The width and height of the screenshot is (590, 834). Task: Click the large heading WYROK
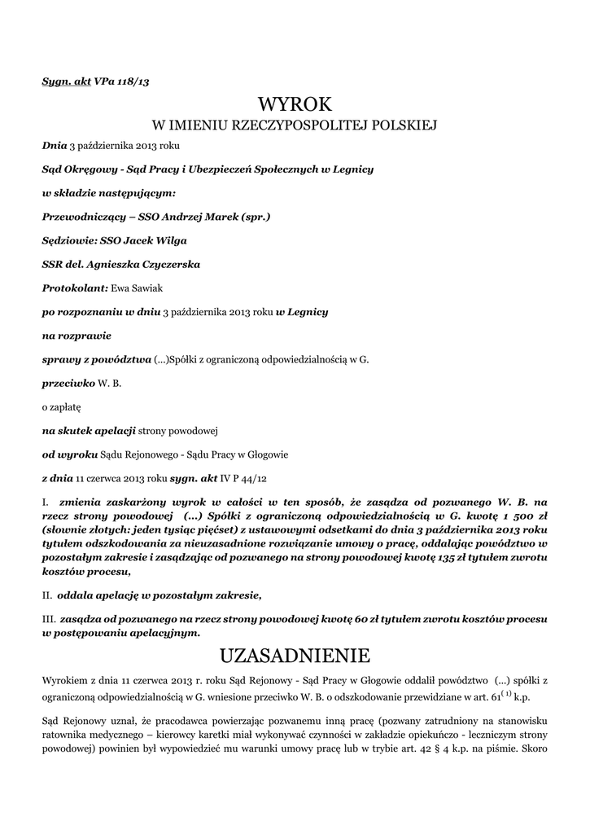tap(295, 103)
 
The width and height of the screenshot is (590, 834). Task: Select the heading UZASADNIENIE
tap(295, 655)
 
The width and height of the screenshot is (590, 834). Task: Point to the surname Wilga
tap(168, 240)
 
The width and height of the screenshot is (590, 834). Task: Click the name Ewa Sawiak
tap(146, 288)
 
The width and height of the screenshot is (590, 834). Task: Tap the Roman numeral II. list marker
tap(48, 595)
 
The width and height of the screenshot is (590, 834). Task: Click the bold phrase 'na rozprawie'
tap(76, 334)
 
